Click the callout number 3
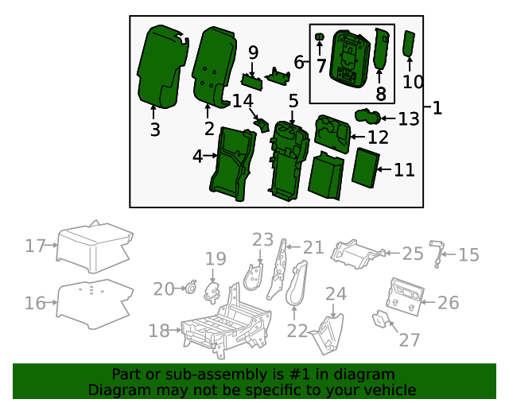(x=155, y=130)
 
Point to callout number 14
(x=243, y=101)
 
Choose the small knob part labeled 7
(x=321, y=37)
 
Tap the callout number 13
(x=408, y=119)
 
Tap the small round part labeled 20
(x=191, y=289)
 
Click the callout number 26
(x=449, y=303)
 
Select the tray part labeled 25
(x=358, y=253)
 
